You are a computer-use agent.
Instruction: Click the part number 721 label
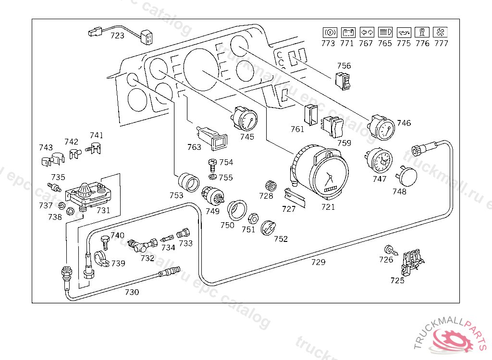328,207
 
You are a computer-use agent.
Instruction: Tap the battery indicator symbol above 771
347,33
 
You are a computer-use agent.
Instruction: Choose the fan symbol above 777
440,33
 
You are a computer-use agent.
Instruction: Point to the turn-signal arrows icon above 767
366,33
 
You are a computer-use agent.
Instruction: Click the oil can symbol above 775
404,33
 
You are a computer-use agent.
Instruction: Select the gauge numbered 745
245,119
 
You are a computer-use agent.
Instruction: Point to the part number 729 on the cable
318,262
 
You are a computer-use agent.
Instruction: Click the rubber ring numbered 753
189,182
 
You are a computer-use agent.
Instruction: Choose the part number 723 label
117,36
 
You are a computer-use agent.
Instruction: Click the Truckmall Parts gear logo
454,341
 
